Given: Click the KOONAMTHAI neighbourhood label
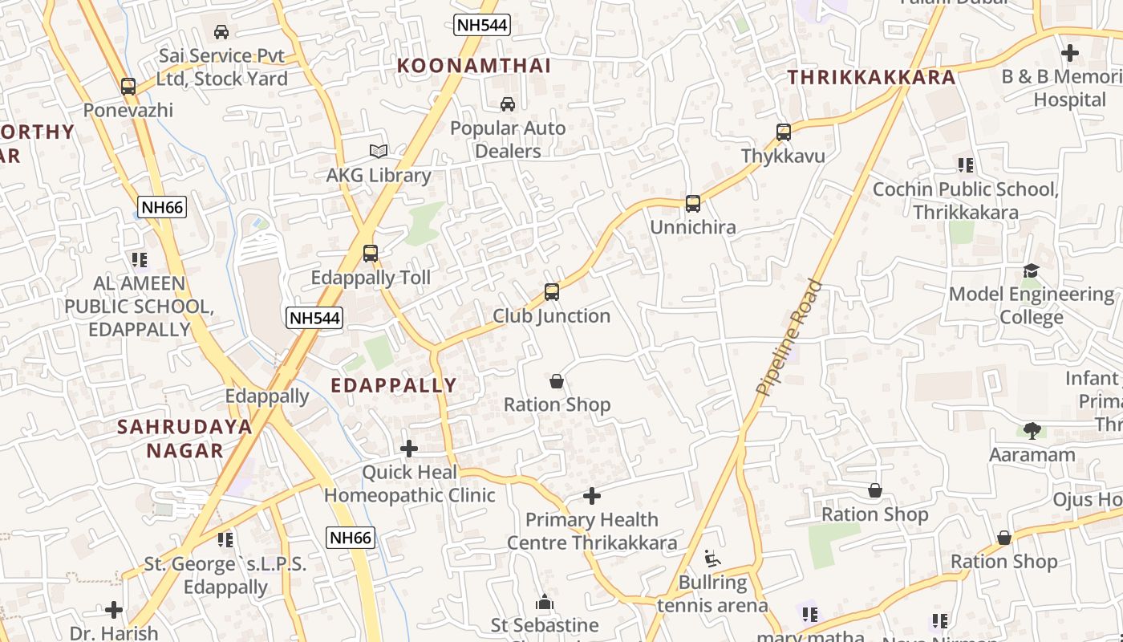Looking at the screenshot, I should pyautogui.click(x=474, y=66).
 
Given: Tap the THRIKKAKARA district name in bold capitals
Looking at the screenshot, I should pyautogui.click(x=871, y=77).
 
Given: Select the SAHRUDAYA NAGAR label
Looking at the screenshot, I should pyautogui.click(x=184, y=438).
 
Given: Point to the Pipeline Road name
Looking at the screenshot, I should pyautogui.click(x=789, y=337).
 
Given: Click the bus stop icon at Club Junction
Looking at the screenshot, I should pyautogui.click(x=552, y=292).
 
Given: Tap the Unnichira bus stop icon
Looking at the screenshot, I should pyautogui.click(x=693, y=204).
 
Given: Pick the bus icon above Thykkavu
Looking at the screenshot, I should pyautogui.click(x=784, y=132).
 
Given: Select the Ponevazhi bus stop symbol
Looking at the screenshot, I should pyautogui.click(x=128, y=87).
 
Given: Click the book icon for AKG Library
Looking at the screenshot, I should pyautogui.click(x=379, y=151).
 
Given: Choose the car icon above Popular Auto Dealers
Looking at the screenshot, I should pyautogui.click(x=508, y=104).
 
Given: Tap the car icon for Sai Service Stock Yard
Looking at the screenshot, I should pyautogui.click(x=221, y=32).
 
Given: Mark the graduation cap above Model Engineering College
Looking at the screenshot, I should pyautogui.click(x=1031, y=271).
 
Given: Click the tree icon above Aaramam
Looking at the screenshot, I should pyautogui.click(x=1032, y=431).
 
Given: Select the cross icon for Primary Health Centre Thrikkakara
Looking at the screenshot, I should pyautogui.click(x=592, y=496).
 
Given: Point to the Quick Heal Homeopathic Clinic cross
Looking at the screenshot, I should pyautogui.click(x=409, y=448).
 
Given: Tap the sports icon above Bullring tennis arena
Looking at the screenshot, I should pyautogui.click(x=712, y=558).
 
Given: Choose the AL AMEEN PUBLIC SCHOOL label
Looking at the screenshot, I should pyautogui.click(x=140, y=307).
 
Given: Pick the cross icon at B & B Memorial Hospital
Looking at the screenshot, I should pyautogui.click(x=1070, y=53).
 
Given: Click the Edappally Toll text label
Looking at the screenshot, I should pyautogui.click(x=371, y=278).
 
